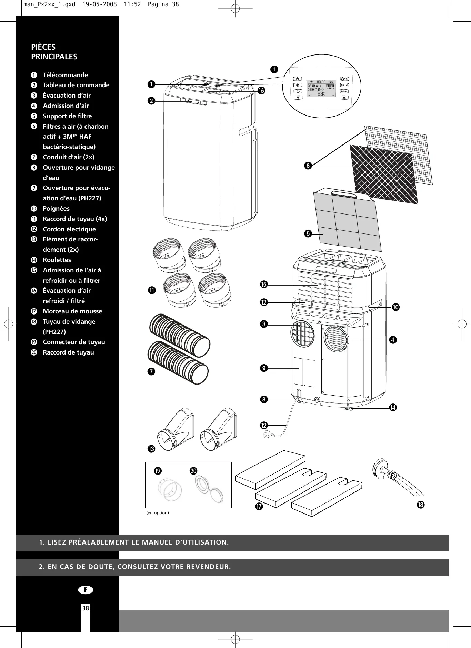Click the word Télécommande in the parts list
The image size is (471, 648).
(x=65, y=75)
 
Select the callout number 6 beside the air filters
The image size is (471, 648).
(x=308, y=166)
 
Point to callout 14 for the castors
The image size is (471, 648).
(x=393, y=408)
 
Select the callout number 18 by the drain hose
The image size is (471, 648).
(x=420, y=505)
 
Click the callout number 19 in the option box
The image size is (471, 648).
(x=158, y=471)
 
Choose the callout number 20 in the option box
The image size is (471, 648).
(x=193, y=471)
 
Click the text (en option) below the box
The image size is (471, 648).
(x=158, y=513)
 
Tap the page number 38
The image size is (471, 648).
(x=86, y=608)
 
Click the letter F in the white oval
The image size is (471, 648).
(x=86, y=590)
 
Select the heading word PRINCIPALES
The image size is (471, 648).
(x=54, y=57)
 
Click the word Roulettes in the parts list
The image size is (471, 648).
(x=57, y=260)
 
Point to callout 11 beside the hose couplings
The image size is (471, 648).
(x=152, y=290)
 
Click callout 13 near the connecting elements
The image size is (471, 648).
(x=151, y=449)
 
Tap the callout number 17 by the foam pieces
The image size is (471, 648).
(x=259, y=507)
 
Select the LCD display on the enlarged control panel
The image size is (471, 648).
(x=321, y=89)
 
